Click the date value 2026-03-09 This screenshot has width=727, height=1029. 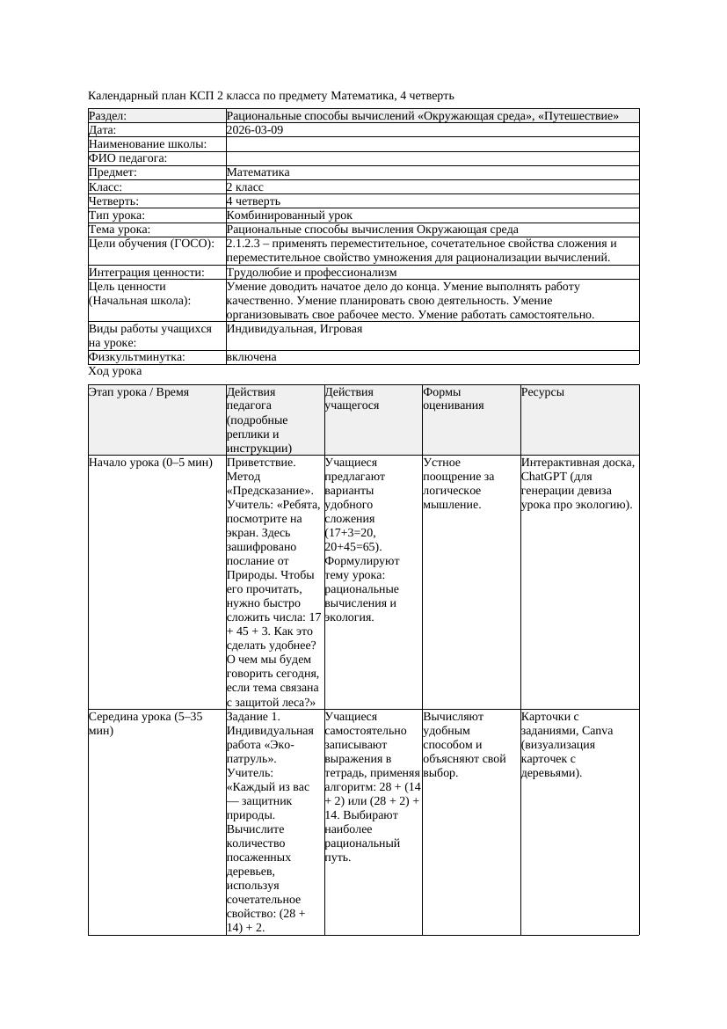(254, 130)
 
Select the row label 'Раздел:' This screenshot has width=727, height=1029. (108, 116)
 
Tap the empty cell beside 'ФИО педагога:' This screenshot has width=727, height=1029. (432, 158)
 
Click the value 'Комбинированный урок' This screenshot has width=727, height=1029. (289, 215)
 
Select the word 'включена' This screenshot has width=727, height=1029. (251, 357)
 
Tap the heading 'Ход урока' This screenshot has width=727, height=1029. (115, 371)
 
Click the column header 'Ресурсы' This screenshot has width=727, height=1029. (542, 392)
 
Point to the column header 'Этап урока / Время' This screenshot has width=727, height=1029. (139, 392)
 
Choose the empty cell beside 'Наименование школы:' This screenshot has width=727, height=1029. (432, 144)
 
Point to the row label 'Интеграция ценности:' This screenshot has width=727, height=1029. (147, 273)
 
